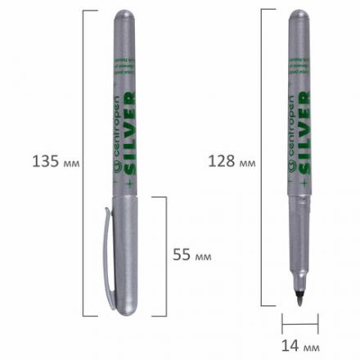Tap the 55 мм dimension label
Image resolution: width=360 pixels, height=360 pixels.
pyautogui.click(x=193, y=256)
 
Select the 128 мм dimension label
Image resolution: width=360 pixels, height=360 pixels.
pyautogui.click(x=234, y=161)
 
